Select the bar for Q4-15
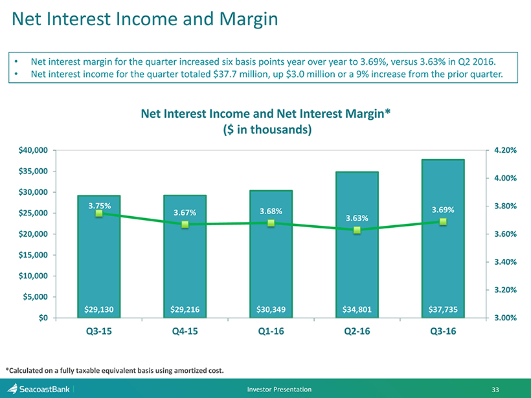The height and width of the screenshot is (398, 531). [185, 272]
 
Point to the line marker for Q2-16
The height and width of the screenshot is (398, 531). [357, 230]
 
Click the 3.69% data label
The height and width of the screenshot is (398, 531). [443, 210]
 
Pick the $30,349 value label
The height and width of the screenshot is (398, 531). [271, 309]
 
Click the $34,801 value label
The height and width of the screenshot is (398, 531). [357, 309]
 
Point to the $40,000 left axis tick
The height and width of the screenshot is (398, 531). [32, 150]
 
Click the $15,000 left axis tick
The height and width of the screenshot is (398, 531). [32, 255]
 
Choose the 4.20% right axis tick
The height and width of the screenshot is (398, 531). [504, 150]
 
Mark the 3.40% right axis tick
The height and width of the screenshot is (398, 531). [504, 261]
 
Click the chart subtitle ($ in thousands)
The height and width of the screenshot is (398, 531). [265, 129]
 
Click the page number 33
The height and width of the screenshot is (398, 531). [495, 390]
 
